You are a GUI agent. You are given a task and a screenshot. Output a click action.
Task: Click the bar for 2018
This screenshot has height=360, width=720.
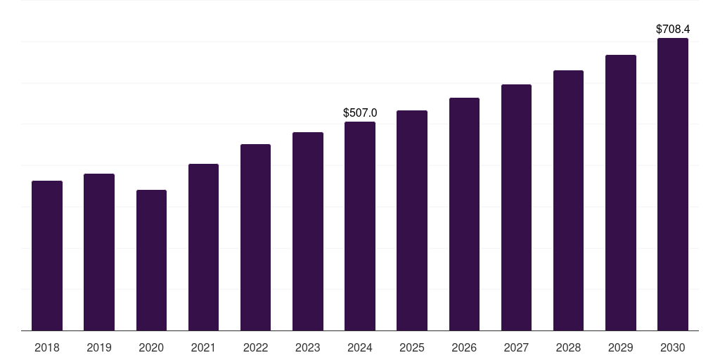tap(47, 256)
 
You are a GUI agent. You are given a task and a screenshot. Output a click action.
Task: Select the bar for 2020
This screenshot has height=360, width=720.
tap(151, 260)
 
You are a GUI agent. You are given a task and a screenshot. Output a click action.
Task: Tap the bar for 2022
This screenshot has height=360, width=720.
tap(255, 238)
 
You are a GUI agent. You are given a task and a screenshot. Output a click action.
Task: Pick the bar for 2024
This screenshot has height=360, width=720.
tap(360, 226)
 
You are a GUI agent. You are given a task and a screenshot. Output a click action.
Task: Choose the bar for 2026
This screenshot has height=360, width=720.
tap(464, 214)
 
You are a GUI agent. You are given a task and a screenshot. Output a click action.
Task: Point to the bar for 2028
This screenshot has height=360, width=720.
tap(568, 200)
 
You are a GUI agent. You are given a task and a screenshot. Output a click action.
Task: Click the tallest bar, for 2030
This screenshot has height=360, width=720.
tap(673, 184)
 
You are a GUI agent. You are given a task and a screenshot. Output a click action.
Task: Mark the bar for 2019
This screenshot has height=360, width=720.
tap(99, 252)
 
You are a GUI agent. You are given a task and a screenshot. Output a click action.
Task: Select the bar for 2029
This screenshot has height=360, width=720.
tap(621, 193)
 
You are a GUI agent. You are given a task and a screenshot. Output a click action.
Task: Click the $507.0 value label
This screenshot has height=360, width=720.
tap(360, 112)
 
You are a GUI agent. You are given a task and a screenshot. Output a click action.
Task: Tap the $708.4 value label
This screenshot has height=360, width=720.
tap(673, 30)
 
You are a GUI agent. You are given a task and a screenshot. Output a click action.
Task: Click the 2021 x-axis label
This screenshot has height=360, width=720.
tap(203, 347)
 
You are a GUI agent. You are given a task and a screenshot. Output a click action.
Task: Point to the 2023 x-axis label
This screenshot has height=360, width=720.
tap(308, 347)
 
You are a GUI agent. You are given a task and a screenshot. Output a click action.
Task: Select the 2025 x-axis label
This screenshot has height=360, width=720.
tap(412, 347)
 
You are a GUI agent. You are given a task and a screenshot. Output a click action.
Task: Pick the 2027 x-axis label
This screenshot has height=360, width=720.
tap(516, 347)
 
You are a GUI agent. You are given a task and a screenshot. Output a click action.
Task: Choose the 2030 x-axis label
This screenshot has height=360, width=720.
tap(673, 347)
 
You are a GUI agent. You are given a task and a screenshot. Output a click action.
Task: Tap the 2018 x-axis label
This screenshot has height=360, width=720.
tap(47, 347)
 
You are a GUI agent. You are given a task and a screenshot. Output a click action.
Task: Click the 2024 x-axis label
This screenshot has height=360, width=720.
tap(360, 347)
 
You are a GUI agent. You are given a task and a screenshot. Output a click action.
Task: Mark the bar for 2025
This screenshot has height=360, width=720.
tap(412, 221)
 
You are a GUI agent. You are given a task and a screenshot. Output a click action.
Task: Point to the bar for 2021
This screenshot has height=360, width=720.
tap(203, 247)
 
